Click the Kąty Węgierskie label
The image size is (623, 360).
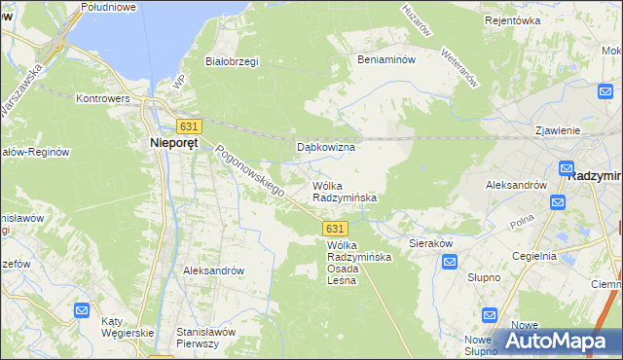128,328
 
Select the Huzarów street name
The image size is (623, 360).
417,19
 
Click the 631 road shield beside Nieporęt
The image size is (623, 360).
189,126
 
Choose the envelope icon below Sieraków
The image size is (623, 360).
450,263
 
